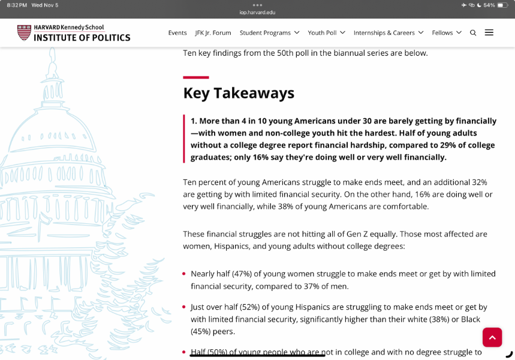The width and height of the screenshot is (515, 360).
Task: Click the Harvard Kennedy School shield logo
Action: coord(24,32)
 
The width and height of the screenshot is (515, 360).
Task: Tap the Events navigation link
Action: coord(177,33)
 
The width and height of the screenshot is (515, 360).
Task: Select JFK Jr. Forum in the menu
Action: coord(213,33)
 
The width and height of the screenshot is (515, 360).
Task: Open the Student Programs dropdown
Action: coord(269,33)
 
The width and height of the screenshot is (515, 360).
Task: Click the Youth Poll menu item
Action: coord(326,33)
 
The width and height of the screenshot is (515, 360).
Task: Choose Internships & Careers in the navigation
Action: coord(388,33)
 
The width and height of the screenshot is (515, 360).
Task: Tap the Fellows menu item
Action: coord(447,33)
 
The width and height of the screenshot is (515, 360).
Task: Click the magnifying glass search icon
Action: coord(473,33)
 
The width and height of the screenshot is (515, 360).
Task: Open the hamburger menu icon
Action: coord(489,32)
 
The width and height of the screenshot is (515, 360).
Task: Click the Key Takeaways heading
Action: coord(239,93)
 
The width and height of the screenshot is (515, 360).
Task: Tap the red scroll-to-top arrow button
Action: coord(492,337)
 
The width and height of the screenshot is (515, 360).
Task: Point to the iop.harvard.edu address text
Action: coord(257,12)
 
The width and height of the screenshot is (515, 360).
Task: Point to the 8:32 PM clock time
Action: coord(17,5)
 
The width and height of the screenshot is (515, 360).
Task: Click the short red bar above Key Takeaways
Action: coord(196,77)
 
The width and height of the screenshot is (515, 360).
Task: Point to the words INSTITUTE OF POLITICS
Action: coord(82,38)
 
